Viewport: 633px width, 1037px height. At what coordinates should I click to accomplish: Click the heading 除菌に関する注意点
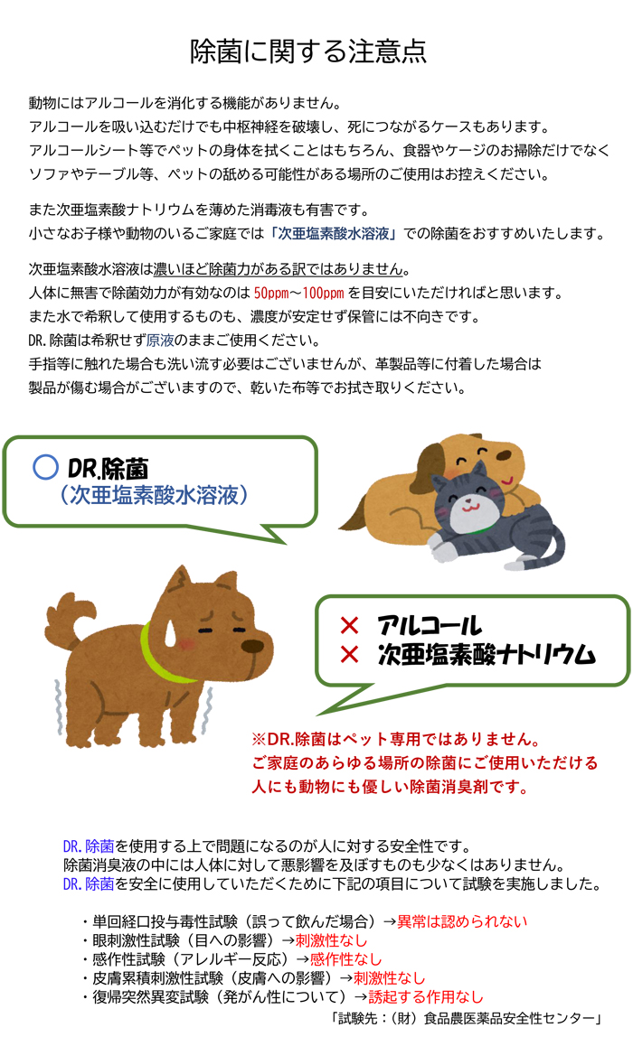pyautogui.click(x=308, y=51)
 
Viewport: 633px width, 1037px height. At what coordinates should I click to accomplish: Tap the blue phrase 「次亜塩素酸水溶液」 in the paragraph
pyautogui.click(x=335, y=233)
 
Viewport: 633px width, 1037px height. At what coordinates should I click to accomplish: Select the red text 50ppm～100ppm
pyautogui.click(x=298, y=293)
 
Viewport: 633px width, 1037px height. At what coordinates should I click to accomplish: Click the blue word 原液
pyautogui.click(x=159, y=341)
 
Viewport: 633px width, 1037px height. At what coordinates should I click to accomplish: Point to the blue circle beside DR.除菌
pyautogui.click(x=46, y=467)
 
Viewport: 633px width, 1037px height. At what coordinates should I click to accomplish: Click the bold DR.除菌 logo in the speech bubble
pyautogui.click(x=108, y=469)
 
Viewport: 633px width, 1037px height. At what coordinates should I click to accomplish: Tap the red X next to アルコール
pyautogui.click(x=349, y=625)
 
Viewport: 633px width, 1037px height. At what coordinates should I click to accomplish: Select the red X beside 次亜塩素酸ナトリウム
pyautogui.click(x=349, y=655)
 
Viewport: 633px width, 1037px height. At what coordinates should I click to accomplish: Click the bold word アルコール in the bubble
pyautogui.click(x=430, y=626)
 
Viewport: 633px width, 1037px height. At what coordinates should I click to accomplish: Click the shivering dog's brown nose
pyautogui.click(x=252, y=646)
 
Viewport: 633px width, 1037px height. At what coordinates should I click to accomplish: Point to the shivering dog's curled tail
pyautogui.click(x=70, y=619)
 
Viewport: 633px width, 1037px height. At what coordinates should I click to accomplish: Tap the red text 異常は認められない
pyautogui.click(x=462, y=922)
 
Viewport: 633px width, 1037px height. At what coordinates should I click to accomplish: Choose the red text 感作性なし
pyautogui.click(x=345, y=959)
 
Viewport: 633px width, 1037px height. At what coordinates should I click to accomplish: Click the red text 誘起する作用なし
pyautogui.click(x=426, y=996)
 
